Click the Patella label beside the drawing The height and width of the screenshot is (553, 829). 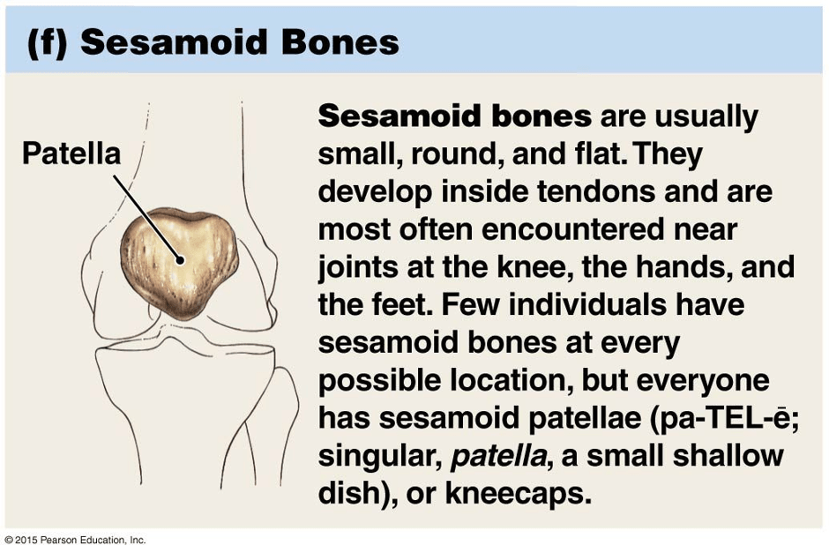[71, 153]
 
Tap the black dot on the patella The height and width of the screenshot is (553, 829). [180, 260]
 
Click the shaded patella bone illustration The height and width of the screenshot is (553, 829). [179, 264]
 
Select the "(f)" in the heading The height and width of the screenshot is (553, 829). [48, 42]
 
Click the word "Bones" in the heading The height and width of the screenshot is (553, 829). [340, 42]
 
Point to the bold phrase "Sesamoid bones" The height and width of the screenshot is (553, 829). [455, 116]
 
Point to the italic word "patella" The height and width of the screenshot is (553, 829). [498, 456]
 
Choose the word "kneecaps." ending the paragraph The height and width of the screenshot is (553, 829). [519, 494]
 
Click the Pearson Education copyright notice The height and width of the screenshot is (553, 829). [75, 541]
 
